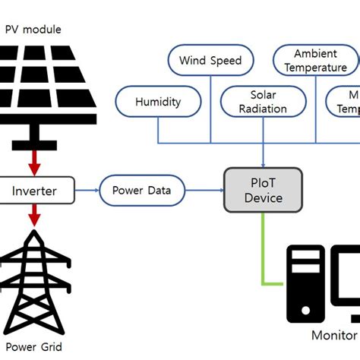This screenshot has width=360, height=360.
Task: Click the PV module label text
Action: click(x=34, y=30)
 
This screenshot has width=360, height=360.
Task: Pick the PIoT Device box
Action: click(x=263, y=190)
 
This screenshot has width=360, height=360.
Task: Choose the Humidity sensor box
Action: click(x=158, y=101)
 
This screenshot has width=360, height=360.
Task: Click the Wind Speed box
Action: click(x=210, y=61)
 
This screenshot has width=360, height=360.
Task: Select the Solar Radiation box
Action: click(x=263, y=101)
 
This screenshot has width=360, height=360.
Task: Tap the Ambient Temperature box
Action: click(x=315, y=61)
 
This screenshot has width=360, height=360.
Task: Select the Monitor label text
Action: click(x=334, y=335)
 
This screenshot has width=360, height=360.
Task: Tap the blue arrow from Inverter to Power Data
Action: click(x=87, y=190)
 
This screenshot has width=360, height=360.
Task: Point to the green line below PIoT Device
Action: click(x=263, y=251)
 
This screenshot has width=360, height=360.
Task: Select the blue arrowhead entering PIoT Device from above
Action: click(x=263, y=162)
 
